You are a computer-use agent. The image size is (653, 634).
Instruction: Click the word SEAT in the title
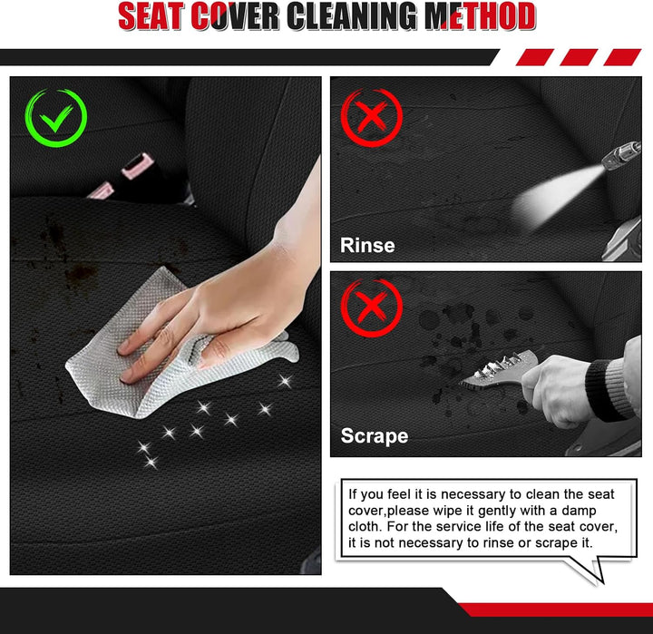point(151,16)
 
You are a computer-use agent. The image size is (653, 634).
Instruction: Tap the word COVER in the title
point(235,16)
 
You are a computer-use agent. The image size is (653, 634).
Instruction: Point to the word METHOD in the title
point(480,16)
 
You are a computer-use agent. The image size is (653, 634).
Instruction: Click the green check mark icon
point(56,118)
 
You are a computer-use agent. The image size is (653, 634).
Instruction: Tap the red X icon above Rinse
point(372,117)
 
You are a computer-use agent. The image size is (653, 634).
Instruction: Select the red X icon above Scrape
point(372,307)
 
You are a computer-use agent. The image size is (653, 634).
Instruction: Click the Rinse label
point(367,245)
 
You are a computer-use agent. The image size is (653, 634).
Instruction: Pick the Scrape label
point(375,435)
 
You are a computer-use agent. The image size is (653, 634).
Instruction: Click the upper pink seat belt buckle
point(134,166)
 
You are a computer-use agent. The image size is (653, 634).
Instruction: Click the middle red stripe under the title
point(579,57)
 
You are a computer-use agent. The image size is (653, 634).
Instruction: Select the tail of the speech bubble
point(587,569)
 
